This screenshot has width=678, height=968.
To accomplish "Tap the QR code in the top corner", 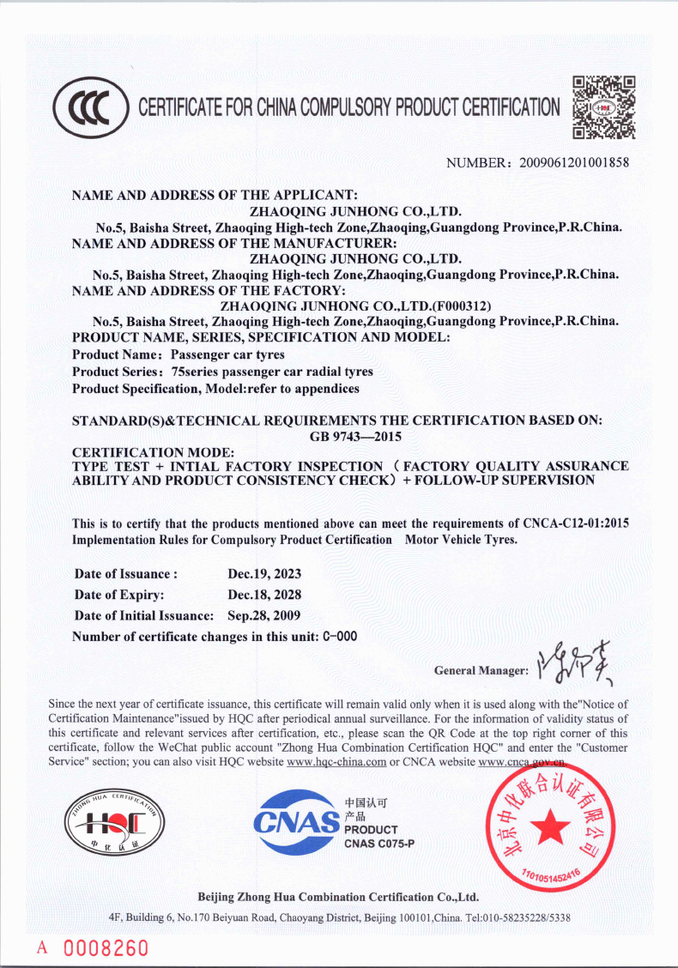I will click(603, 107).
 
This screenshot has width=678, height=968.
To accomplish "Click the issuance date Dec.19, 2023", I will click(264, 573).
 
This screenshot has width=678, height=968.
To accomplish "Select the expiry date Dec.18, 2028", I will click(264, 594).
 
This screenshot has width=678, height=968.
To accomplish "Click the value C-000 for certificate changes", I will click(340, 636).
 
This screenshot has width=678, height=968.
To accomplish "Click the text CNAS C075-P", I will click(378, 844).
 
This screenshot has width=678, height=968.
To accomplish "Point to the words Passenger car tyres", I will click(227, 354).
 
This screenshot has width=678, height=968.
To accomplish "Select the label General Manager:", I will click(481, 670).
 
